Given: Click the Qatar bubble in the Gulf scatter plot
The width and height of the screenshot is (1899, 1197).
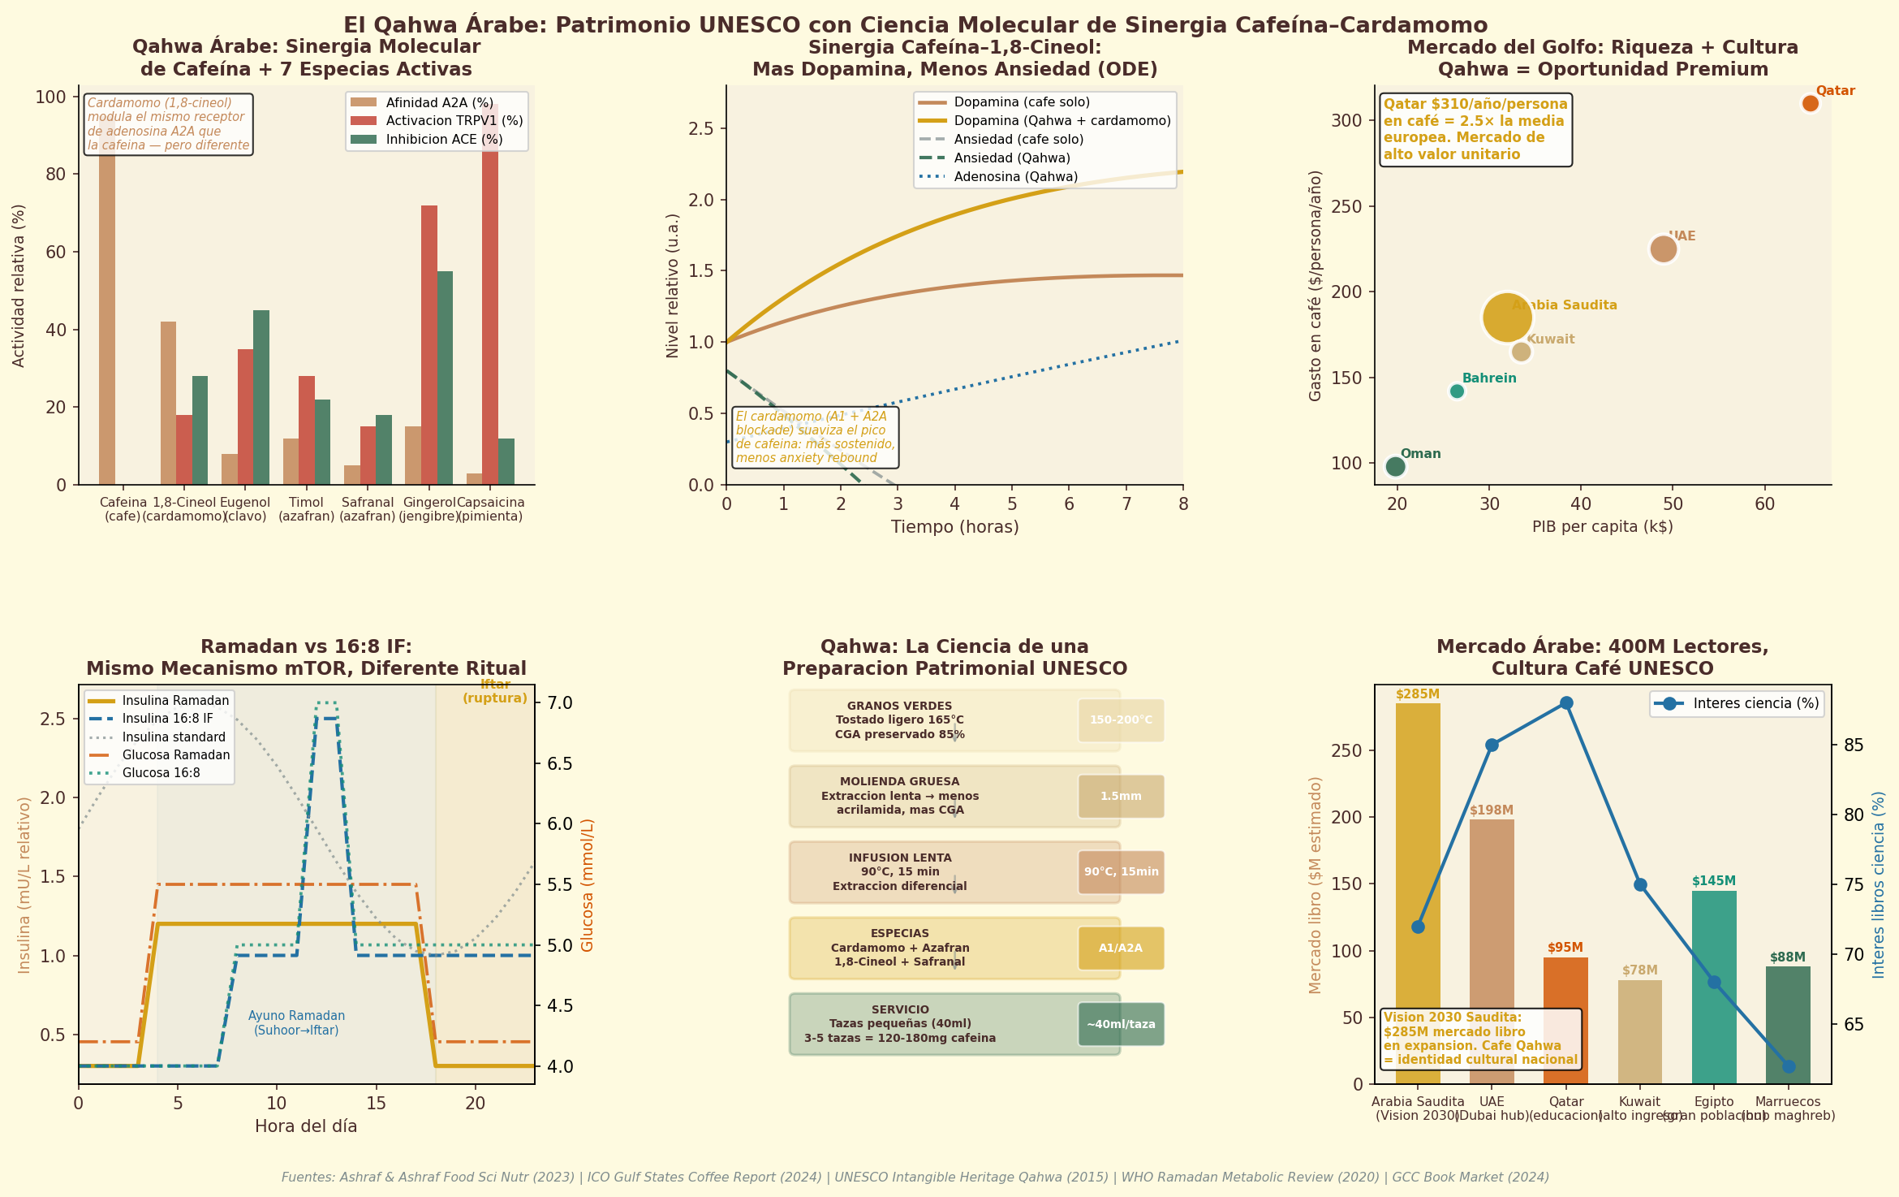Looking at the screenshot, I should point(1810,103).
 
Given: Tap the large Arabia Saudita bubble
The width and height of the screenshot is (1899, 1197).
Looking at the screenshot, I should point(1507,317).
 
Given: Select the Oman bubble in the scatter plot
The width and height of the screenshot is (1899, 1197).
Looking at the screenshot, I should point(1395,466).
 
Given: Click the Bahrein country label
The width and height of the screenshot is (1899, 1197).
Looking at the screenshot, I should point(1489,378).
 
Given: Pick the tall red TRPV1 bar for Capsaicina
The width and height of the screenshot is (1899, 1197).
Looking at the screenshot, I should point(490,292).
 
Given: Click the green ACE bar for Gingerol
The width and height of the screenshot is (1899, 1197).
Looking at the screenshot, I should point(445,378).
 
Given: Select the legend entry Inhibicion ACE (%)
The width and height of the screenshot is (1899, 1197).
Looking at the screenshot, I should point(444,140).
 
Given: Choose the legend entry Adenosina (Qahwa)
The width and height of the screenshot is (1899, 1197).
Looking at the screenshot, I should point(1015,177).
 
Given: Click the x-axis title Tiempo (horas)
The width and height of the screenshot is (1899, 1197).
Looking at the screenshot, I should point(954,527).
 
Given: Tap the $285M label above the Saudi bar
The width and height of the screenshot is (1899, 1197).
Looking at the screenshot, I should point(1418,694).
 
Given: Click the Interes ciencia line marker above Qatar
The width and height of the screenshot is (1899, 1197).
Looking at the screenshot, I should point(1566,703).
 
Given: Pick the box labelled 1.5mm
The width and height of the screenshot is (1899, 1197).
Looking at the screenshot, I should point(1121,797).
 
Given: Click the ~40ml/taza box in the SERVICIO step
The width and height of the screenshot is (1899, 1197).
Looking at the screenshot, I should point(1121,1025).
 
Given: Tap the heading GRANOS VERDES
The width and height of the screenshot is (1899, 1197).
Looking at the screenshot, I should point(899,707).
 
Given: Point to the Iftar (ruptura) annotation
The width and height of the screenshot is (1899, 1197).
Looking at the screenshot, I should point(495,692).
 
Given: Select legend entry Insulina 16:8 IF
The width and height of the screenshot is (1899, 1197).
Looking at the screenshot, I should point(167,719).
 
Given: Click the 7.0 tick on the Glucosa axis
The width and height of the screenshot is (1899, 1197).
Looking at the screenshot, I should point(562,703).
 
